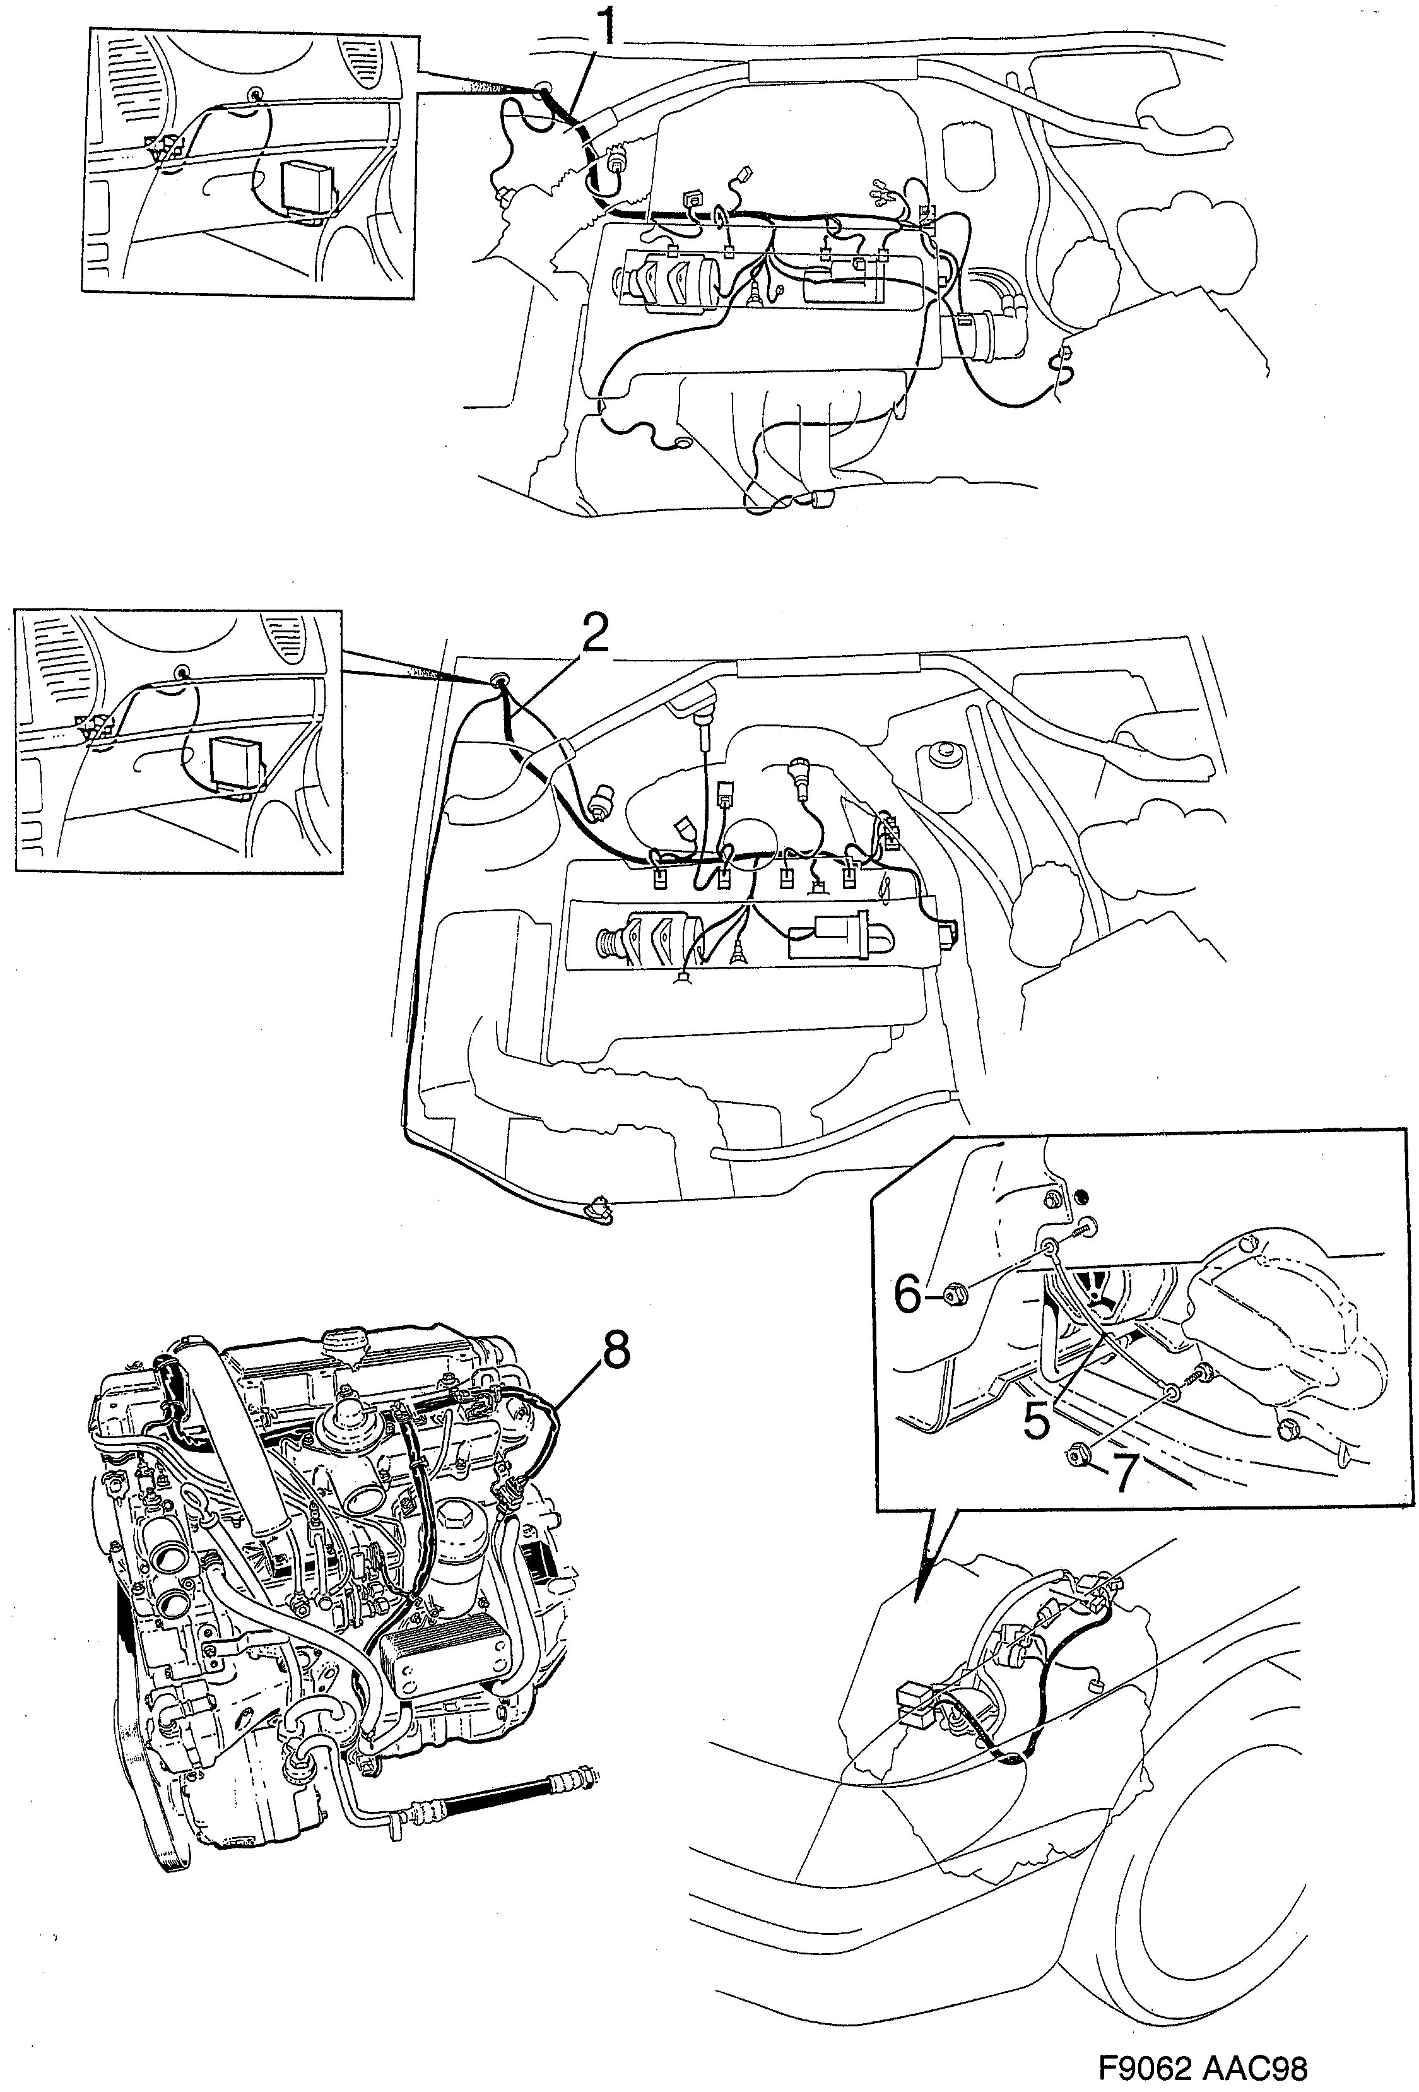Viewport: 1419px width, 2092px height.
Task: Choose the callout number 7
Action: click(x=1123, y=1474)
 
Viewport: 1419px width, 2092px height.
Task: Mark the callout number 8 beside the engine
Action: click(x=615, y=1350)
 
